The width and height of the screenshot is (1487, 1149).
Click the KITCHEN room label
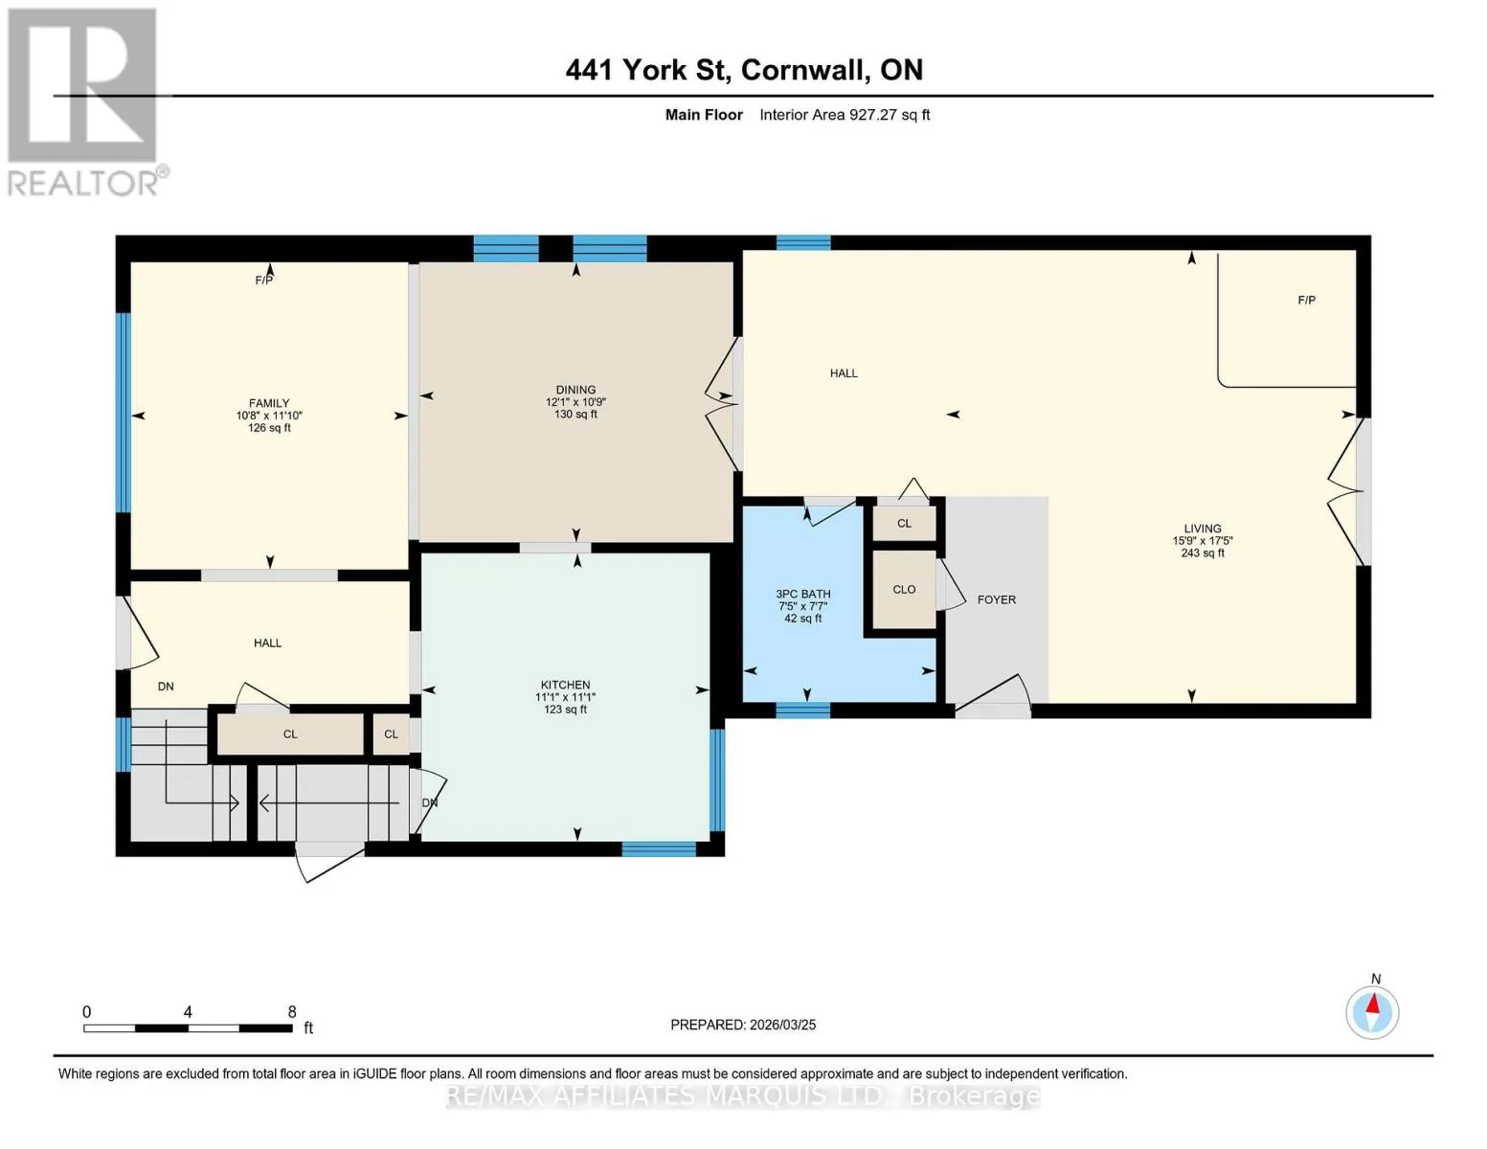(565, 685)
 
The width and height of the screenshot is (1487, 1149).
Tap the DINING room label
(575, 390)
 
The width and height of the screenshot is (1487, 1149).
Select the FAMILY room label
(269, 403)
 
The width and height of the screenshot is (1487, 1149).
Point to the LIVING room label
(1203, 529)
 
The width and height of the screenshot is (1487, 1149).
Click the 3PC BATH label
(802, 594)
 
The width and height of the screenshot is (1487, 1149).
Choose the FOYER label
(997, 599)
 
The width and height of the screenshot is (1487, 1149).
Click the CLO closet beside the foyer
(904, 589)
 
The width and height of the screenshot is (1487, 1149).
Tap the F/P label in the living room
(1306, 300)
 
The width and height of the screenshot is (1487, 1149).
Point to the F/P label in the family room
(264, 280)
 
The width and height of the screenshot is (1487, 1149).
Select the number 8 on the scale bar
(292, 1011)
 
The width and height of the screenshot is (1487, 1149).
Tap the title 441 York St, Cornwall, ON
(744, 70)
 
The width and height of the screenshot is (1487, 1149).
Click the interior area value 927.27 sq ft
(889, 115)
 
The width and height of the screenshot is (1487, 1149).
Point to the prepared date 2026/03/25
(782, 1025)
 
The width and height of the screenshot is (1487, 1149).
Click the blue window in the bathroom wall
(802, 710)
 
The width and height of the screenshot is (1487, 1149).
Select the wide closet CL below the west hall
(290, 733)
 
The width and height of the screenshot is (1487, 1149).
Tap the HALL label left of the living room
(843, 373)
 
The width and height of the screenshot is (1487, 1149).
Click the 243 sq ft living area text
(1203, 552)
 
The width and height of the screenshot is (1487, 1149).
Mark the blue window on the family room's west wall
(124, 412)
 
